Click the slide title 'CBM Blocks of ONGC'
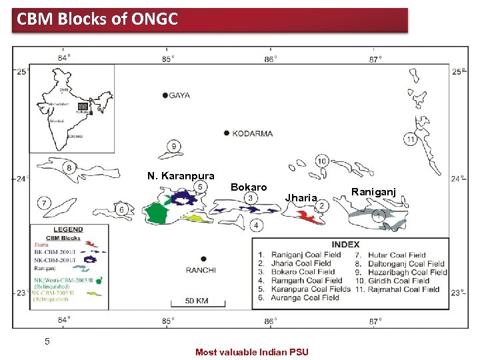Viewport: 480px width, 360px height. [x=97, y=19]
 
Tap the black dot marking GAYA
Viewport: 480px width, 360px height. [x=165, y=96]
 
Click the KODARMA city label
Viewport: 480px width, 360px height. [x=253, y=133]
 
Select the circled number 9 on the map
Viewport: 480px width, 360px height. [x=174, y=147]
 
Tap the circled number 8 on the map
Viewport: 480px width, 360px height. [x=69, y=168]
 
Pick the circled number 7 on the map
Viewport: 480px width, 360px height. [x=44, y=202]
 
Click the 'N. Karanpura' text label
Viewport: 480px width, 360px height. [x=181, y=176]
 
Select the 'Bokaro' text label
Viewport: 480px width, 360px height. [x=249, y=187]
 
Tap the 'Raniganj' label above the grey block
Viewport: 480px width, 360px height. [x=373, y=191]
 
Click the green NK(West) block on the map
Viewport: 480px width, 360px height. [x=157, y=214]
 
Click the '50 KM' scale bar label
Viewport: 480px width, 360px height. [x=197, y=301]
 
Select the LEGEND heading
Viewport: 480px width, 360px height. [x=68, y=229]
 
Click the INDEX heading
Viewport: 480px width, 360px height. [x=345, y=244]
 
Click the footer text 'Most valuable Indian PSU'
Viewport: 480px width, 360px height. [x=252, y=352]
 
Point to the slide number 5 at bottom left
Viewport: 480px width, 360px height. [x=47, y=341]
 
